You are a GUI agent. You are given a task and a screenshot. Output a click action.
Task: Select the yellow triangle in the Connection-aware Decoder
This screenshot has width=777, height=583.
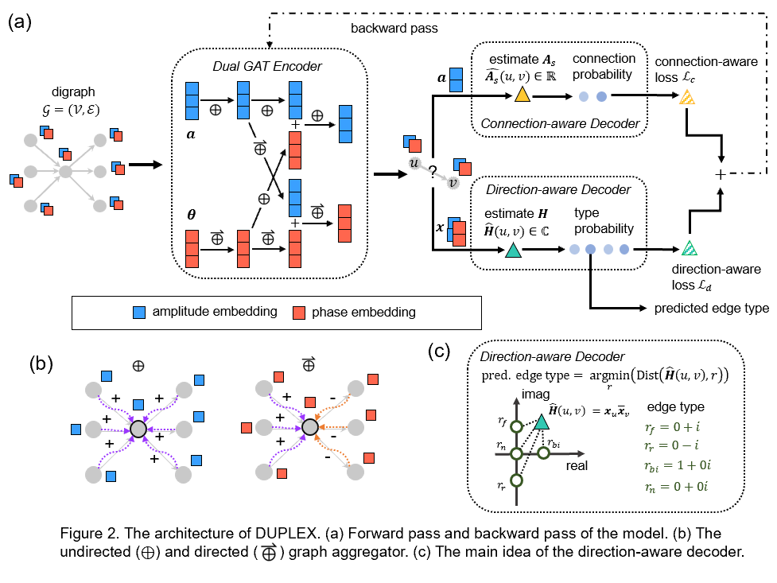click(522, 95)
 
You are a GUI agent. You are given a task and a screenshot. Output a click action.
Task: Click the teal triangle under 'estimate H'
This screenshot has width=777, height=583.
click(513, 251)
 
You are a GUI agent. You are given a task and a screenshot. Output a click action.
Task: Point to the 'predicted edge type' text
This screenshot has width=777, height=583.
click(711, 308)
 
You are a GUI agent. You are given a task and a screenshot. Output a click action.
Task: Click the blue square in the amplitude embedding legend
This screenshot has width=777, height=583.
click(140, 312)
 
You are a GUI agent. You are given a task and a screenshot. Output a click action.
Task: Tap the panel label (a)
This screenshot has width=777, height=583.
click(21, 21)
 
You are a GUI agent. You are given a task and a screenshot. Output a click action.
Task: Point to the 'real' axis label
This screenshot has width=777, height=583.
click(577, 465)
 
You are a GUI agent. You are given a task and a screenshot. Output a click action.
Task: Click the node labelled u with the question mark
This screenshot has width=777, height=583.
click(414, 162)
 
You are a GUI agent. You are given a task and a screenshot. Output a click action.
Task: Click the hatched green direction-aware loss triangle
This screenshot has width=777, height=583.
click(690, 247)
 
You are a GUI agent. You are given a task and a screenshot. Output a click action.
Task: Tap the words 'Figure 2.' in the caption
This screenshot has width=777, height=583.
click(92, 532)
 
